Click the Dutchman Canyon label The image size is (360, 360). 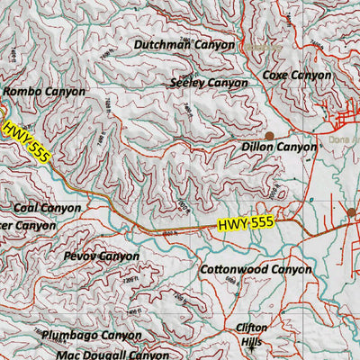[x=184, y=44]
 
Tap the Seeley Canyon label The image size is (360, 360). [x=208, y=83]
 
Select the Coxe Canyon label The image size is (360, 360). [x=297, y=76]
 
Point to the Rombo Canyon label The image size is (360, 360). [x=44, y=92]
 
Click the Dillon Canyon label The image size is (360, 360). [x=279, y=147]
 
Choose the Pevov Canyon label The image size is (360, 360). [x=102, y=256]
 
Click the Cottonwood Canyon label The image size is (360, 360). [x=255, y=269]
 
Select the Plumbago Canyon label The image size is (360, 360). [x=91, y=335]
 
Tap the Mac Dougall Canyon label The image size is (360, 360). [x=112, y=355]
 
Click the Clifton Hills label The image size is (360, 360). [x=251, y=335]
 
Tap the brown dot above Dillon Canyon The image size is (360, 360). [x=268, y=134]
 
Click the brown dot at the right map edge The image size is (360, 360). [x=352, y=213]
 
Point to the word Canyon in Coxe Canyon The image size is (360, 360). [x=312, y=76]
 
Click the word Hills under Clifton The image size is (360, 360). [x=251, y=343]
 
